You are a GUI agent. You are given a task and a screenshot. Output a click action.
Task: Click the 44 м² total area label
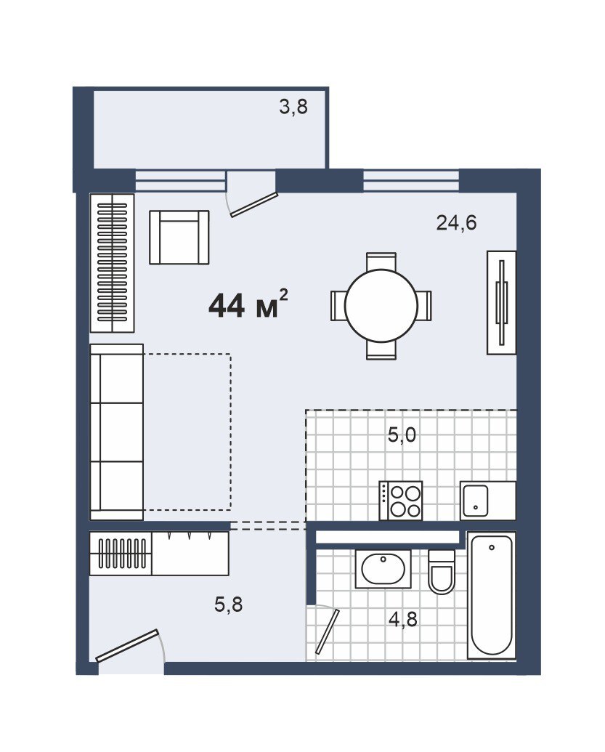click(248, 305)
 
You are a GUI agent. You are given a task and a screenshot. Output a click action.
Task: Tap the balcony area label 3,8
click(293, 107)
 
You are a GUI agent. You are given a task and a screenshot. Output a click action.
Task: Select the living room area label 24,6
click(456, 223)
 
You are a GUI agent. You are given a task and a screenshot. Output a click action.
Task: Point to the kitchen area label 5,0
click(402, 435)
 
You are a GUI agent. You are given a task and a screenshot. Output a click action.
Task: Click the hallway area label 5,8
click(229, 605)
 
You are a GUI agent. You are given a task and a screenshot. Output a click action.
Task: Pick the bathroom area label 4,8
click(402, 620)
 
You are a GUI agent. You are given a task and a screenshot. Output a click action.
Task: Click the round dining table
click(381, 305)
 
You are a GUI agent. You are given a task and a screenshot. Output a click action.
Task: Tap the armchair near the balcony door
click(179, 237)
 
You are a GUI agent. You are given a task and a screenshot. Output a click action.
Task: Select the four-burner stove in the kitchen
click(401, 500)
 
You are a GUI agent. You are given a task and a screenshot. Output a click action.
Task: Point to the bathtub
click(492, 595)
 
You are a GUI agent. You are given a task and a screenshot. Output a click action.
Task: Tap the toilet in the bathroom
click(441, 572)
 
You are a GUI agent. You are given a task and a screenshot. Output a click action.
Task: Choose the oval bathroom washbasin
click(383, 569)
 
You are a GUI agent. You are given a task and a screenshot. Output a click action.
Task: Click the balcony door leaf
click(254, 205)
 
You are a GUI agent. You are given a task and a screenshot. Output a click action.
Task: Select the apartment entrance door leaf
click(128, 645)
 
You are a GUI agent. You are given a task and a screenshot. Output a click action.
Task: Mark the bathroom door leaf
click(328, 631)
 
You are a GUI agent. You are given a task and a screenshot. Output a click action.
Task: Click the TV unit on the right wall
click(501, 303)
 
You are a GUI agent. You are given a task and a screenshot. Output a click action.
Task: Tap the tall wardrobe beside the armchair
click(112, 263)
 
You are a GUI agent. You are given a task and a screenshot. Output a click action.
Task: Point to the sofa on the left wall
click(117, 432)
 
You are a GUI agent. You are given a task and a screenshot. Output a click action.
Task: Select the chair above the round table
click(381, 262)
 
